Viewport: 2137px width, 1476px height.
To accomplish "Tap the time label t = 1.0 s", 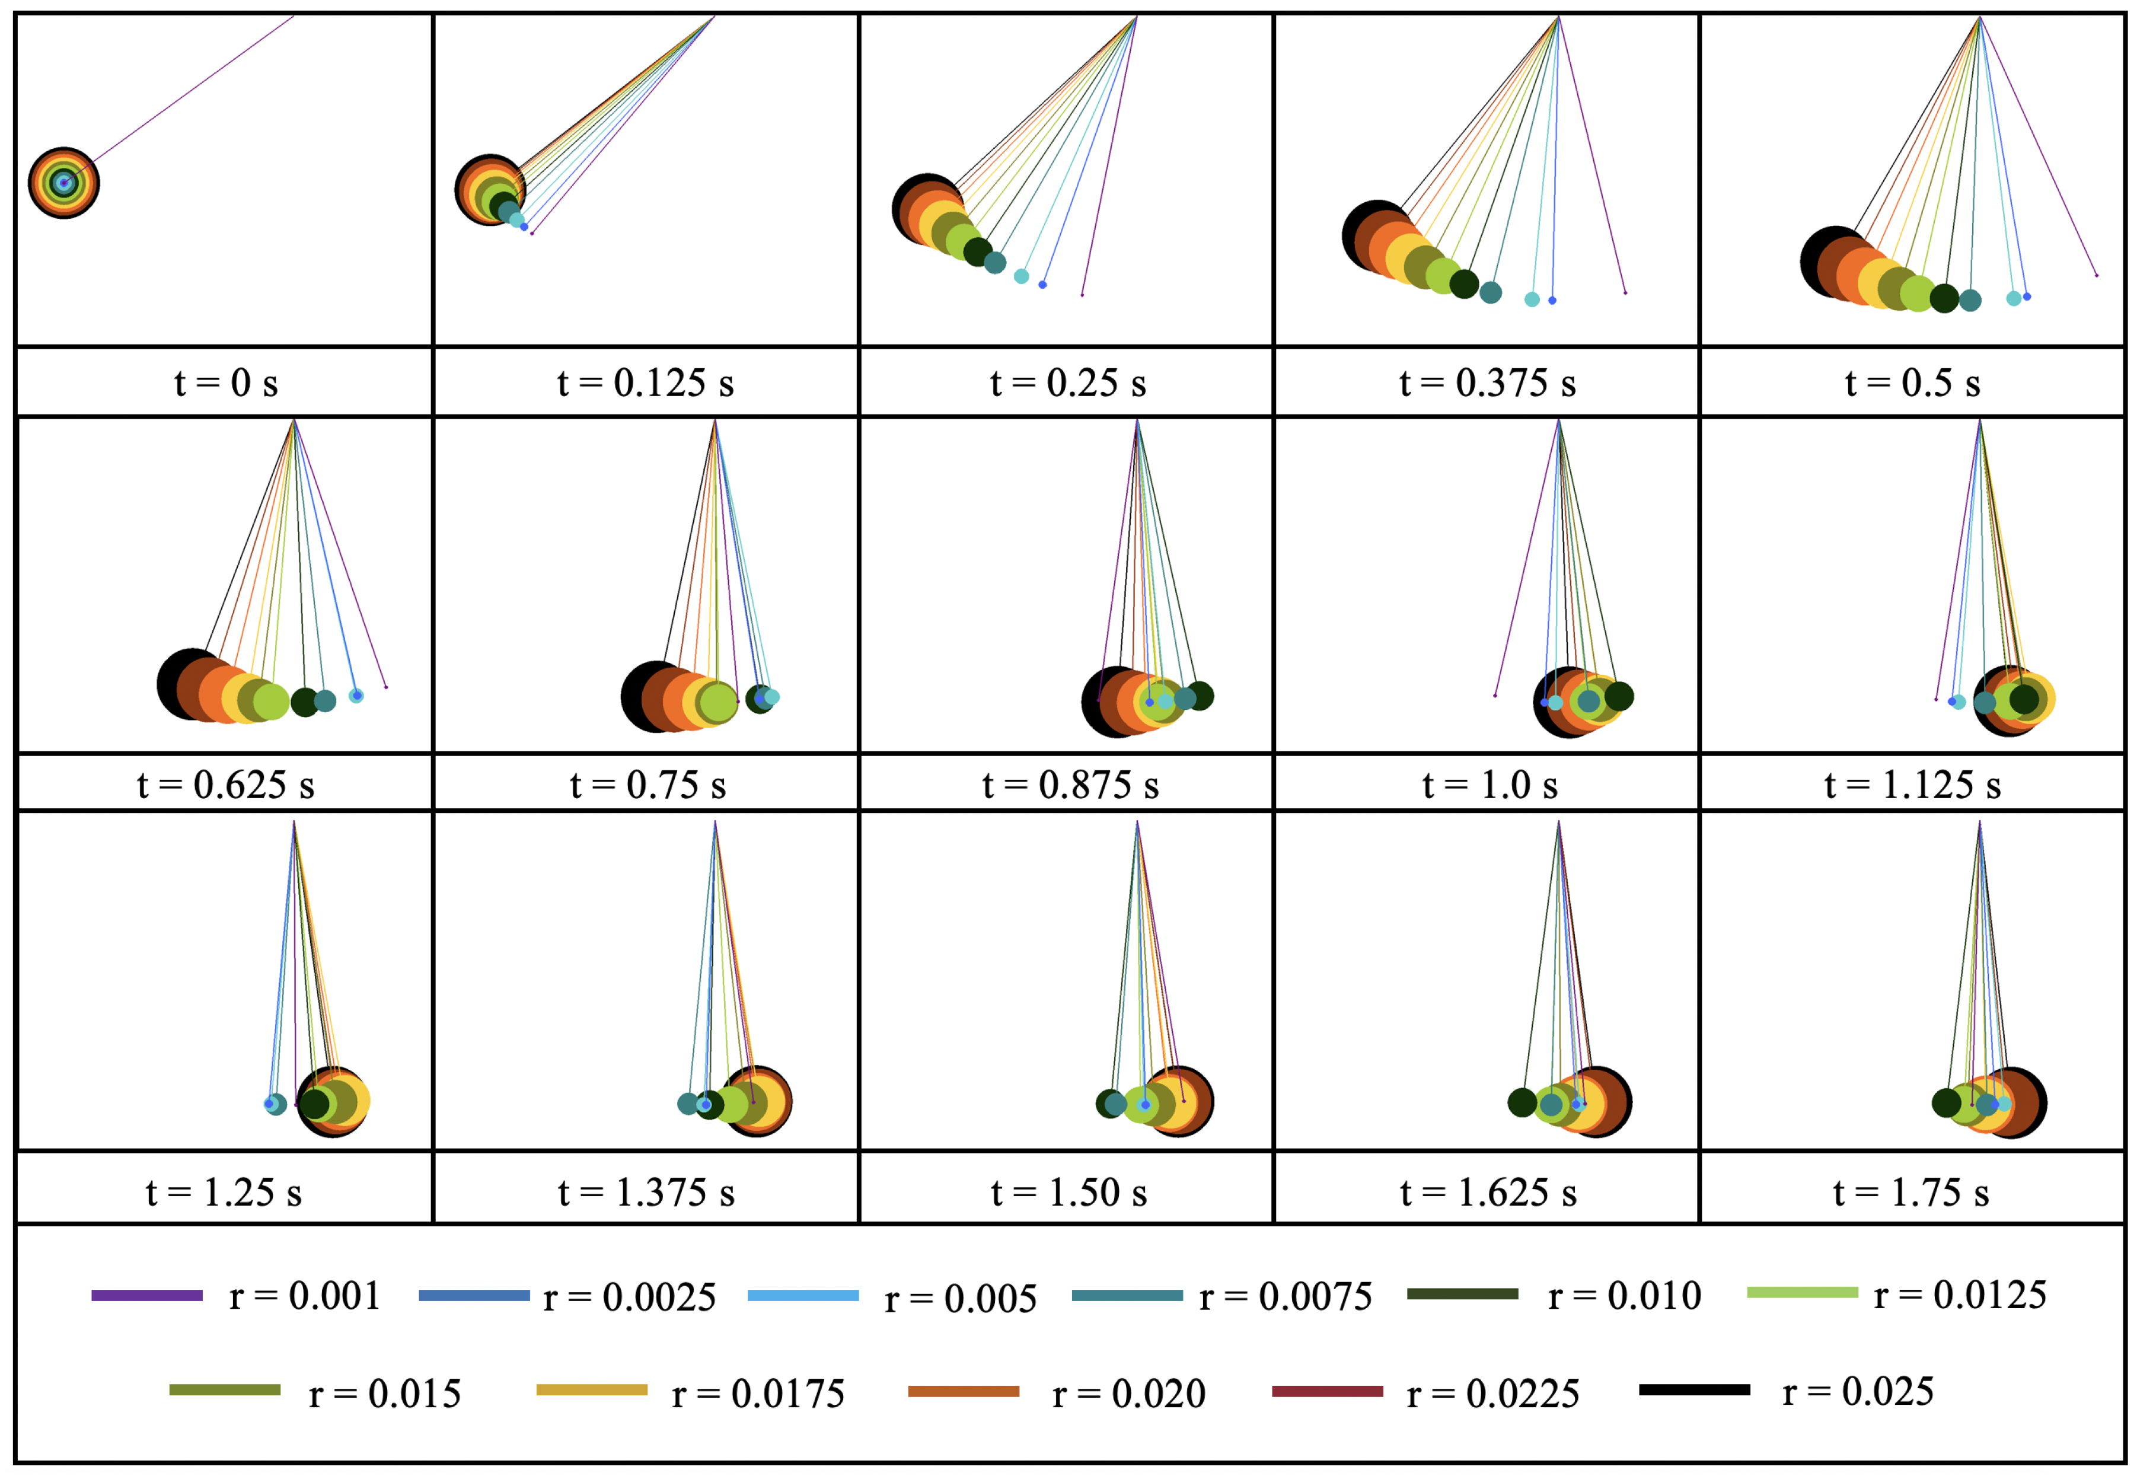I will click(x=1489, y=785).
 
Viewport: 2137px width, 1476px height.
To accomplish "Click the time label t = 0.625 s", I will click(x=226, y=785).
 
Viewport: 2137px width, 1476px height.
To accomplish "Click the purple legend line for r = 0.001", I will click(x=147, y=1296).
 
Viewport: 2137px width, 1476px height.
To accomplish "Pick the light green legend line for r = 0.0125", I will click(x=1802, y=1293).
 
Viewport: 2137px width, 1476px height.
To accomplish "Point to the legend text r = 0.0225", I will click(x=1492, y=1394).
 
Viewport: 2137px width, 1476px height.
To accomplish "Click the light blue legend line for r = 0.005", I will click(x=803, y=1296).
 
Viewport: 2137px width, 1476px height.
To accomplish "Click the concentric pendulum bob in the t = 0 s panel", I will click(x=64, y=183).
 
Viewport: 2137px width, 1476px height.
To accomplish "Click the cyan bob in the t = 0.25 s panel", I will click(x=1021, y=276).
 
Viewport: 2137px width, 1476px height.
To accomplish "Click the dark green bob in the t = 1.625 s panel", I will click(x=1522, y=1102).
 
